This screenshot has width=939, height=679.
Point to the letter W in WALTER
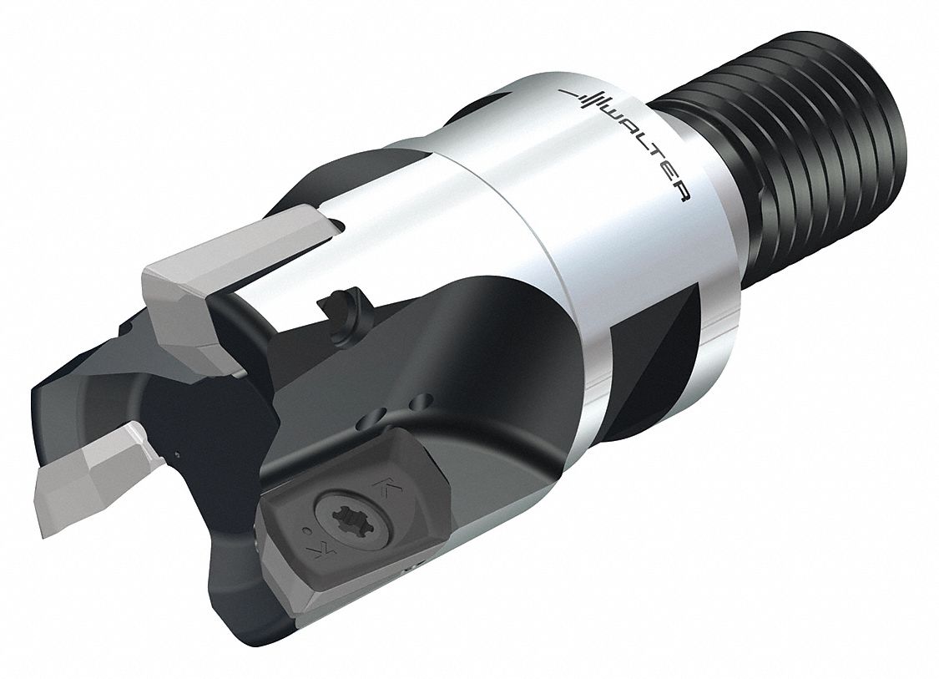(613, 113)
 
